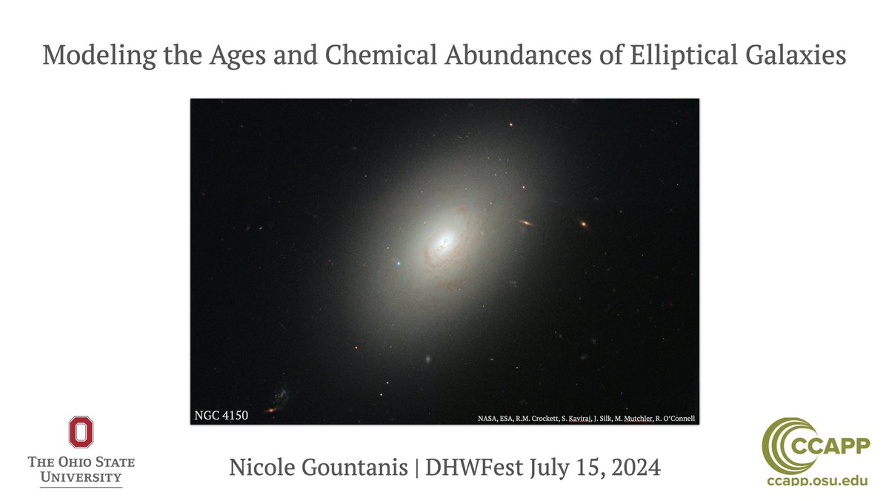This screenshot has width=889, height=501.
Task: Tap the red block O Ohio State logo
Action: pyautogui.click(x=81, y=433)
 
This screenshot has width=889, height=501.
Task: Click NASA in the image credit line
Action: pyautogui.click(x=489, y=418)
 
